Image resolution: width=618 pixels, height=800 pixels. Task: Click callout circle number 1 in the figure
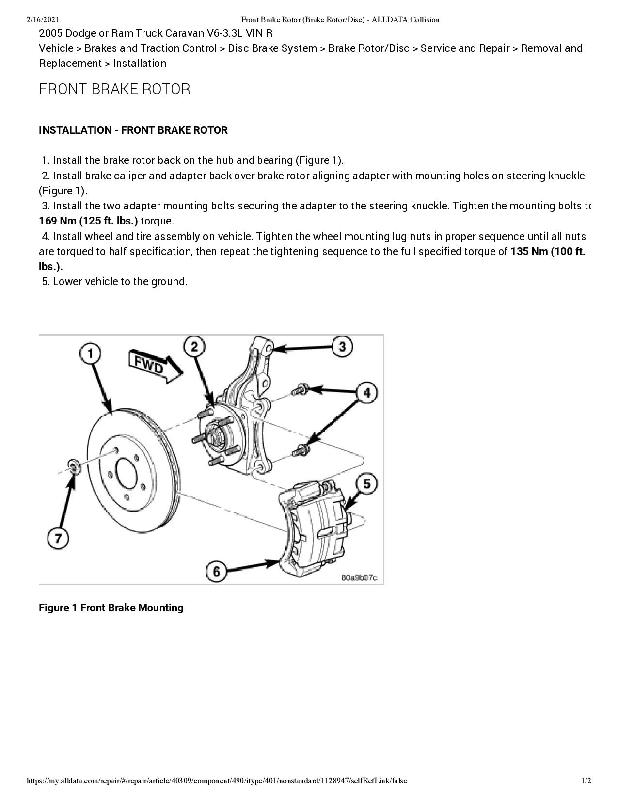(91, 353)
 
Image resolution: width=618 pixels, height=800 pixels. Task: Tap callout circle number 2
(194, 346)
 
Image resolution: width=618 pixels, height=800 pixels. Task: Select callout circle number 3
(342, 347)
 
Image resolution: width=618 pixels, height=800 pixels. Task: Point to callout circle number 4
(366, 392)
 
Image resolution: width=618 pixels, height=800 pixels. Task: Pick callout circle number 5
(366, 483)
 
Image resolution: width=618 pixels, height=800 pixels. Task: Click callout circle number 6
(216, 571)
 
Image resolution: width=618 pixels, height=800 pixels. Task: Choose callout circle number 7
(58, 538)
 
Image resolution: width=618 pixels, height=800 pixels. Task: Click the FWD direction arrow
(154, 367)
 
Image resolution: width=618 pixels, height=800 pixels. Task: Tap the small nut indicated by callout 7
(74, 467)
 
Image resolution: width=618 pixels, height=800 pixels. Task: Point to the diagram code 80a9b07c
(359, 577)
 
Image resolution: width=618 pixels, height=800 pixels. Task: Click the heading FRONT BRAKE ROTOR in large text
(114, 89)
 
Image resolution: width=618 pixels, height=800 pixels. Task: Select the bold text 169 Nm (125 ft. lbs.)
(88, 221)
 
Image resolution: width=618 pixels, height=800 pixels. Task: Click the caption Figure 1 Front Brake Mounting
(111, 608)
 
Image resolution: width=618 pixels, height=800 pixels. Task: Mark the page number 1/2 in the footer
(586, 781)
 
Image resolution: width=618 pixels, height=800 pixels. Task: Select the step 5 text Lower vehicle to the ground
(119, 282)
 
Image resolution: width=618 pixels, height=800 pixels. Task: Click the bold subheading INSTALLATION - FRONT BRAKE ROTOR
(133, 130)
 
